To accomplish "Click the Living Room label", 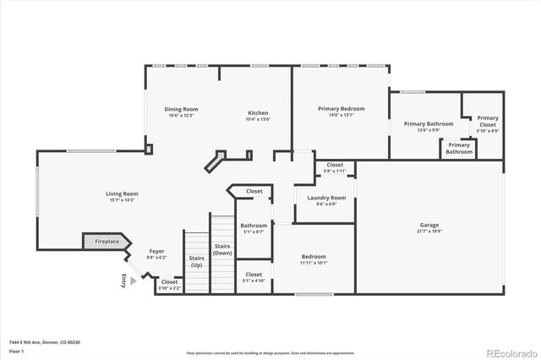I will tap(122, 194).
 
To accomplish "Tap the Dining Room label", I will tap(181, 109).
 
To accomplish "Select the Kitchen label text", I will tap(258, 113).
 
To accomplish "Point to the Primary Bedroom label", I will tap(341, 109).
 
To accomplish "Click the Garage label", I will tap(429, 225).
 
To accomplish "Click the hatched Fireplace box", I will tap(104, 243).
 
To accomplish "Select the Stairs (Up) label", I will tap(196, 259).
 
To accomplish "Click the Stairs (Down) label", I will tap(222, 250).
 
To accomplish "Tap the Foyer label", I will tap(156, 251).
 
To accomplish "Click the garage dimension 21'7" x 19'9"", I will tap(429, 231).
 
